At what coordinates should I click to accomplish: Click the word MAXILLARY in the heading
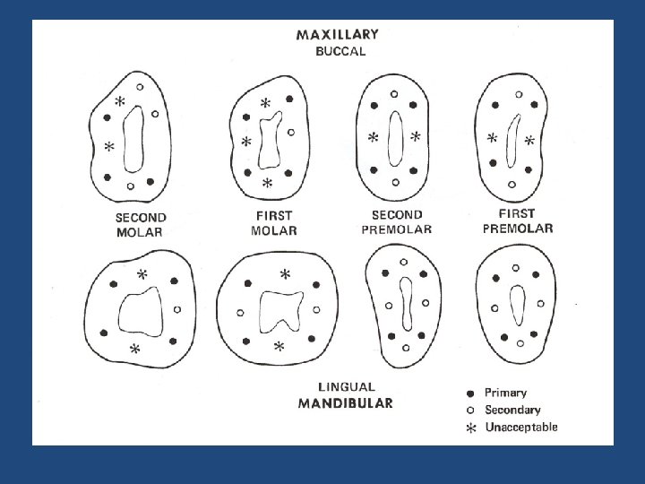coord(337,35)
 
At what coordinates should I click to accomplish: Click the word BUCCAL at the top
coord(340,52)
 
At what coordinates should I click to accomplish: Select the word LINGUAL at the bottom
coord(346,387)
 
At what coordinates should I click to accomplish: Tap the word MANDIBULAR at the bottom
coord(345,403)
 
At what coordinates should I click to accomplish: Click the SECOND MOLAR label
coord(141,225)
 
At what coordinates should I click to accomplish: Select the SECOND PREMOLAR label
coord(396,222)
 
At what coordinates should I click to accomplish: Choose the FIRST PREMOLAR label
coord(517,221)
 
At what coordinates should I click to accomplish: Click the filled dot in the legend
coord(470,393)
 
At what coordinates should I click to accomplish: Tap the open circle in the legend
coord(470,410)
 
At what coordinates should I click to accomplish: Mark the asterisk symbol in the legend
coord(470,428)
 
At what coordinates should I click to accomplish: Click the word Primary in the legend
coord(505,393)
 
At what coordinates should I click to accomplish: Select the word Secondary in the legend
coord(512,410)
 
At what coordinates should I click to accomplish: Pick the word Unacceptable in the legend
coord(521,427)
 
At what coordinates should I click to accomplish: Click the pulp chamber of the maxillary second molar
coord(133,139)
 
